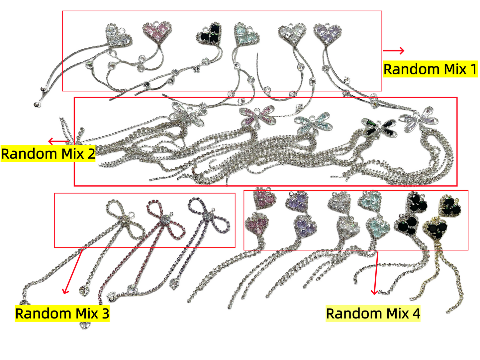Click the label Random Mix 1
coord(430,69)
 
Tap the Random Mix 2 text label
coord(48,153)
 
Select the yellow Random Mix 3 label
coord(62,313)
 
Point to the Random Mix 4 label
coord(373,313)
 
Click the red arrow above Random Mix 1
coord(393,50)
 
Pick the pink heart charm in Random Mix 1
coord(157,32)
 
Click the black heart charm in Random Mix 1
coord(209,34)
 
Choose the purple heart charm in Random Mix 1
coord(327,34)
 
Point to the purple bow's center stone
coord(207,217)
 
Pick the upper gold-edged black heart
coord(450,206)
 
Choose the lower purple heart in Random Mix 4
coord(305,227)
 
